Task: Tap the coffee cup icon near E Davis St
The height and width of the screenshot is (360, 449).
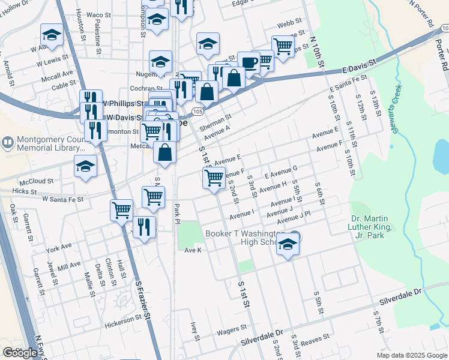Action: (249, 62)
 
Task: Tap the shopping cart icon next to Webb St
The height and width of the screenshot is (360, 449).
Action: (282, 46)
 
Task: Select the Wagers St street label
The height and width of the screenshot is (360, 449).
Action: (232, 329)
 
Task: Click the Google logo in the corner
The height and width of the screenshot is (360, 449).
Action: (20, 353)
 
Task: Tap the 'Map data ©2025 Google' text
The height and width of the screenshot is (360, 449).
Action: (411, 355)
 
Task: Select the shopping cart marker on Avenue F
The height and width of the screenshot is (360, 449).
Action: (214, 178)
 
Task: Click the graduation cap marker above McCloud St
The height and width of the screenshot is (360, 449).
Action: (85, 166)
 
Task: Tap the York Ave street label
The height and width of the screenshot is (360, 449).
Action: (58, 247)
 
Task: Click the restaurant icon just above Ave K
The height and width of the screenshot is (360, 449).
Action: (144, 227)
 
